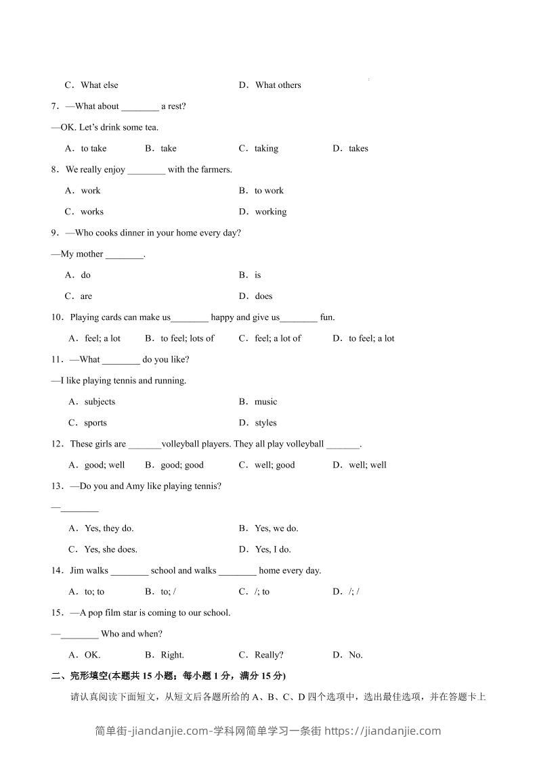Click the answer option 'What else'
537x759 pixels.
click(99, 85)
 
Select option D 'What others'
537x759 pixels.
click(278, 85)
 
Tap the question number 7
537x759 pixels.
click(54, 106)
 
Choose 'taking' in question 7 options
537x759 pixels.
click(266, 149)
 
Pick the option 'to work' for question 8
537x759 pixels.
click(269, 191)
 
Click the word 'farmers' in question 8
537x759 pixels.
click(216, 170)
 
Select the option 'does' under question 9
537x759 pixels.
click(263, 296)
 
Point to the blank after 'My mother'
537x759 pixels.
click(125, 255)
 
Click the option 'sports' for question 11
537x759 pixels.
click(95, 423)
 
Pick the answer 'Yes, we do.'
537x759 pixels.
click(276, 528)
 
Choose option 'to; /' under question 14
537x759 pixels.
click(168, 592)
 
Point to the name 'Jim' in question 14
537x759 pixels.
click(77, 571)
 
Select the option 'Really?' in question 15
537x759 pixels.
click(269, 655)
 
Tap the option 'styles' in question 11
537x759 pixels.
click(265, 423)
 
